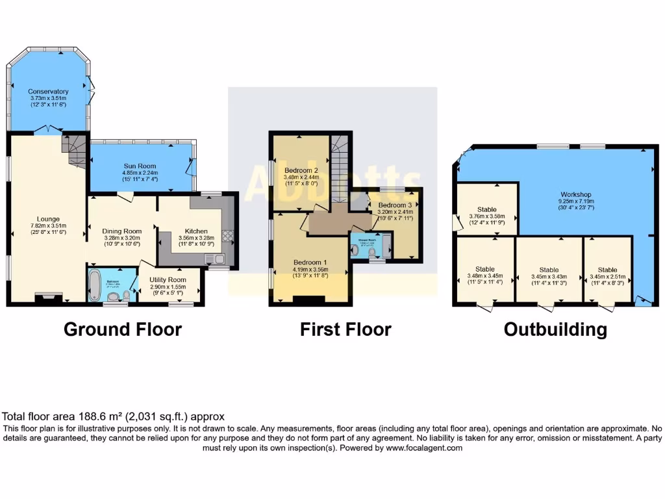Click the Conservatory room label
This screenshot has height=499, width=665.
(48, 92)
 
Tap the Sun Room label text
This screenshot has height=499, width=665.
(140, 166)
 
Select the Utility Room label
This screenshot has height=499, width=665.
(168, 279)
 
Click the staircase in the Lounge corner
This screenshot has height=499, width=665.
(74, 150)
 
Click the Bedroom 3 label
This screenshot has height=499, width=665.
(395, 205)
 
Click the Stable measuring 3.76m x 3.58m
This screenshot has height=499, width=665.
(486, 210)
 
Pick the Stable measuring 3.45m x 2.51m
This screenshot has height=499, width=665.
(607, 270)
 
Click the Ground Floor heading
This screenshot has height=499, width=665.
(122, 329)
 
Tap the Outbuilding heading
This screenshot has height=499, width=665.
(555, 329)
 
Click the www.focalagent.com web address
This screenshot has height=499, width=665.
(424, 448)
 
